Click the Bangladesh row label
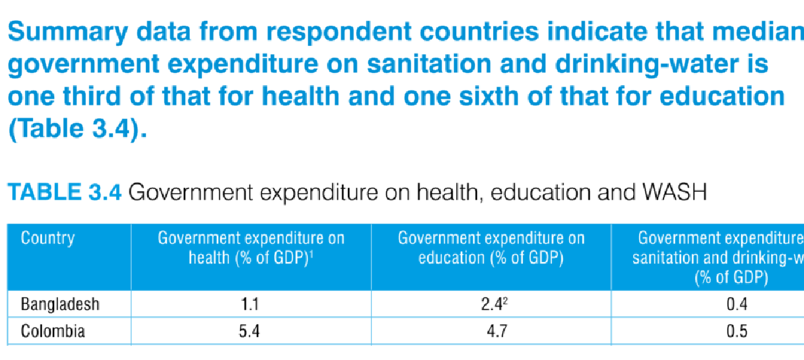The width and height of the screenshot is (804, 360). point(60,305)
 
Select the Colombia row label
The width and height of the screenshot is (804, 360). point(53,332)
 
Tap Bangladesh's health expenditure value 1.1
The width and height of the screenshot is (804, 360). point(251,305)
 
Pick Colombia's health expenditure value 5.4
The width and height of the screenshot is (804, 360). point(251,332)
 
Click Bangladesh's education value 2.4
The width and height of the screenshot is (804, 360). point(489,305)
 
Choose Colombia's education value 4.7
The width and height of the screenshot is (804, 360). point(491,332)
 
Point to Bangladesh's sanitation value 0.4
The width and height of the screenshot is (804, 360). point(736,305)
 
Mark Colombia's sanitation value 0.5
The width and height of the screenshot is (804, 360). point(736,332)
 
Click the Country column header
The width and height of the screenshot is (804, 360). point(47,238)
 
